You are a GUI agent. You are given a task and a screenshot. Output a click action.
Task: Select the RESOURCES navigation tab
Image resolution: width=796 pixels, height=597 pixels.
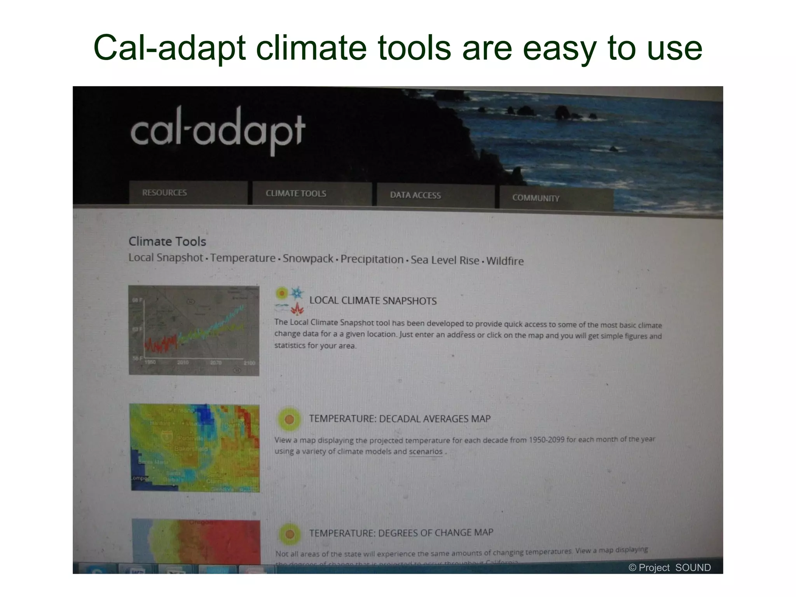tap(164, 193)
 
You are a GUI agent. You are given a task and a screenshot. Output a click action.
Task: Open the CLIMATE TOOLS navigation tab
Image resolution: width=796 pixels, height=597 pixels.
tap(296, 194)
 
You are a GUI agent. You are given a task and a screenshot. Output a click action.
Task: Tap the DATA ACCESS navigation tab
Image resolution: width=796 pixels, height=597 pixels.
tap(415, 195)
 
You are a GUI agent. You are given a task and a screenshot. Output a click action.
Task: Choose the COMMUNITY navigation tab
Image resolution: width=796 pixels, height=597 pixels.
tap(536, 198)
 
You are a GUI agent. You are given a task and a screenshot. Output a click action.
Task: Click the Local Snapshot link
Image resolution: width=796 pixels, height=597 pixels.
tap(166, 257)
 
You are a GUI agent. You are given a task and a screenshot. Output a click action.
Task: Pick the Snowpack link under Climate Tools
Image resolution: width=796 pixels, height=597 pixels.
tap(307, 258)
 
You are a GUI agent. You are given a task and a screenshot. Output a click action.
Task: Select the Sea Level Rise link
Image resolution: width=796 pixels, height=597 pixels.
tap(445, 260)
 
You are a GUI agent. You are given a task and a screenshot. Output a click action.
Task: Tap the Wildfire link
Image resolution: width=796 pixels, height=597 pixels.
tap(505, 261)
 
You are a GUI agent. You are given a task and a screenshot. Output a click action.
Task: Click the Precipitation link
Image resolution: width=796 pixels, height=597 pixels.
tap(372, 259)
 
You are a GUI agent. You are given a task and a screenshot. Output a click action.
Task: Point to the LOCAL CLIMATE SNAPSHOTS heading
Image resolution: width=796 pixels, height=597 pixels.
tap(373, 301)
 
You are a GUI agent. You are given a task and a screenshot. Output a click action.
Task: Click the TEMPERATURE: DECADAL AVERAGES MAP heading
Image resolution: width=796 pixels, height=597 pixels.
tap(400, 419)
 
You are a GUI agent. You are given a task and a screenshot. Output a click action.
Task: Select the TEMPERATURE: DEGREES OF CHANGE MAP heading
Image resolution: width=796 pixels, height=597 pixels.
tap(401, 533)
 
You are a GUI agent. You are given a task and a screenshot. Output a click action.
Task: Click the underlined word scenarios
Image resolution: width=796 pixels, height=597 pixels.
tap(426, 452)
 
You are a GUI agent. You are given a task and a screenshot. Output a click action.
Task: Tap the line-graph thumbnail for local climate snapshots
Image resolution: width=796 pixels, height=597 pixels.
tap(194, 331)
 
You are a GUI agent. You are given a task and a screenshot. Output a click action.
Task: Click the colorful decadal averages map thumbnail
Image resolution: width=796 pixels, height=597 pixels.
tap(195, 448)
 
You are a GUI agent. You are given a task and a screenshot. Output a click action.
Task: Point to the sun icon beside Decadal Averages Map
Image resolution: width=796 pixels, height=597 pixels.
tap(289, 419)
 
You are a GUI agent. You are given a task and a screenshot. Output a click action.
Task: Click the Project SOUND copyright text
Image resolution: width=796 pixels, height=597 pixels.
tap(669, 567)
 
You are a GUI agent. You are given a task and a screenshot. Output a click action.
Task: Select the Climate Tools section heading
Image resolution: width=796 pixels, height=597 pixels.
tap(167, 241)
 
